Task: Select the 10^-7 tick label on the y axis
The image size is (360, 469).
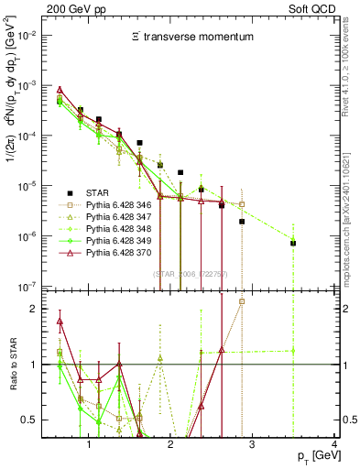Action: click(32, 287)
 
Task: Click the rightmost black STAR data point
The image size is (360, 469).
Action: click(293, 243)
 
